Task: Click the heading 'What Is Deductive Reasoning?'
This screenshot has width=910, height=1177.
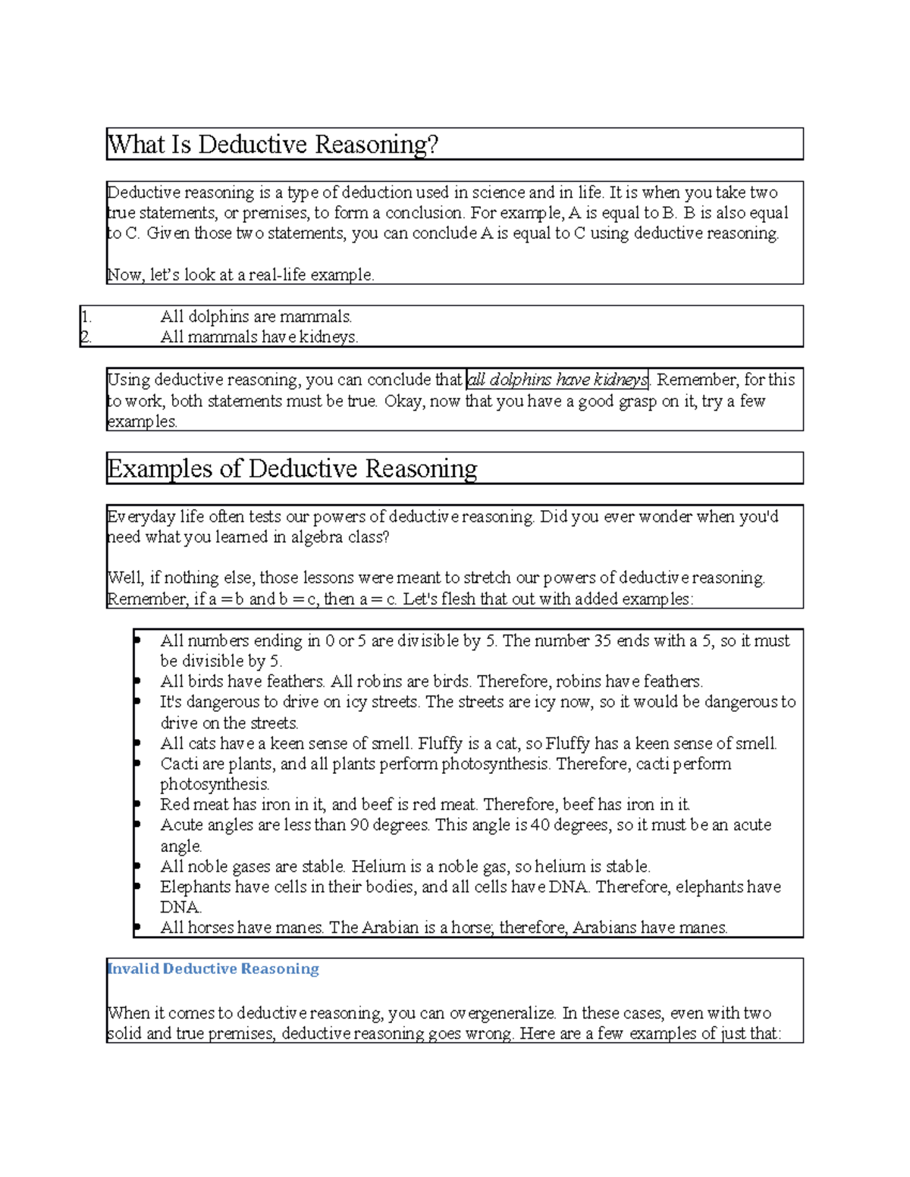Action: coord(273,144)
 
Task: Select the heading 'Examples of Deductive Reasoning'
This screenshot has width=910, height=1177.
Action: coord(292,468)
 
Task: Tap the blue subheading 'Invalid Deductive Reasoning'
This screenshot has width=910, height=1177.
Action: coord(213,969)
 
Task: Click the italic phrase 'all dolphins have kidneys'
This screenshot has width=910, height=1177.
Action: coord(557,380)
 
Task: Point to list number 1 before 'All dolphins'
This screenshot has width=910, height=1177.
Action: coord(86,317)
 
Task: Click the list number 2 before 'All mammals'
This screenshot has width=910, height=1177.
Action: coord(86,337)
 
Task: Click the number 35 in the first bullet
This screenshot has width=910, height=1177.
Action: coord(602,641)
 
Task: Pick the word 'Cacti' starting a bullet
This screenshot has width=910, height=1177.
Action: coord(179,764)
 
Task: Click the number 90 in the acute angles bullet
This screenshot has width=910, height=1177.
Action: coord(359,825)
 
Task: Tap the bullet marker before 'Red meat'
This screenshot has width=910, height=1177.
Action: coord(137,804)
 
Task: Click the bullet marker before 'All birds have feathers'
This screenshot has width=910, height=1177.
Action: coord(137,681)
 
